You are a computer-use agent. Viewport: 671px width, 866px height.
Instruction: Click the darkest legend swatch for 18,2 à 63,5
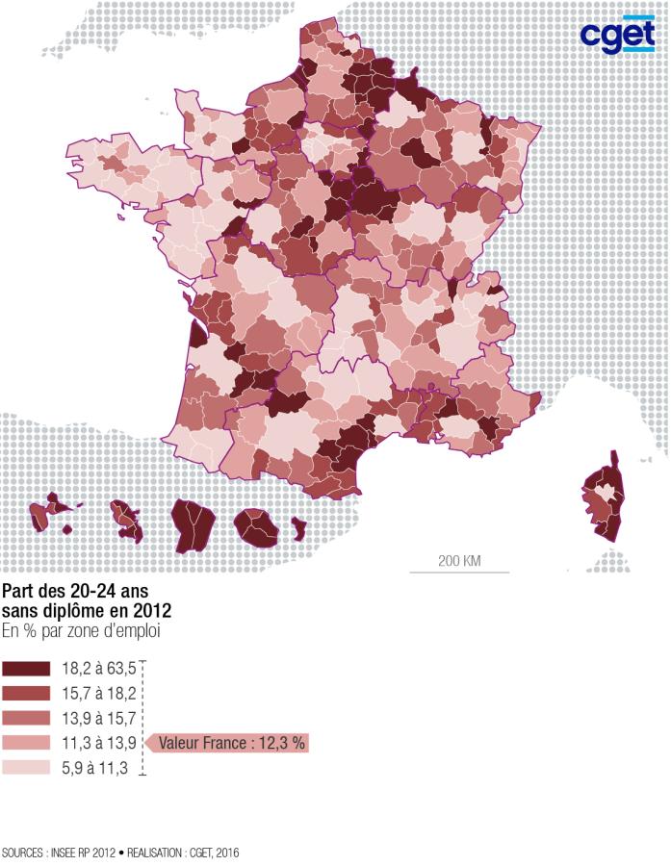click(26, 668)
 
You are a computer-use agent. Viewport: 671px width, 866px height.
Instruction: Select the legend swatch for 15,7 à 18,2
click(26, 693)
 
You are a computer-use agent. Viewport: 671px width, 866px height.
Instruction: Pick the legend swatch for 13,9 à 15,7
click(26, 718)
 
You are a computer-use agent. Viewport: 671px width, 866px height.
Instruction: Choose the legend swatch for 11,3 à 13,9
click(26, 743)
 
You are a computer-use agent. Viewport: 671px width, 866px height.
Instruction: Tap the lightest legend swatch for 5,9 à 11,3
click(26, 768)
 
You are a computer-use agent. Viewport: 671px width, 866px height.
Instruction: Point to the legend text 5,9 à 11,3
click(95, 768)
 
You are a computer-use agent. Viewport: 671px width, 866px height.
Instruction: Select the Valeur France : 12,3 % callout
click(231, 743)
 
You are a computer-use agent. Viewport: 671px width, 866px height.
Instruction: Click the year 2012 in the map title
click(150, 611)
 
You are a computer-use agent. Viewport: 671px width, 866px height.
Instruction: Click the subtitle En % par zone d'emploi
click(80, 631)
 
